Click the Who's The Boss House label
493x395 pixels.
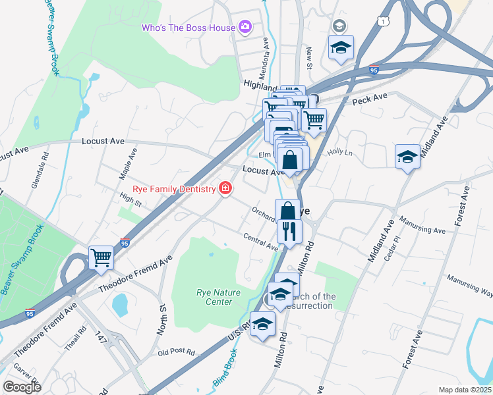point(188,28)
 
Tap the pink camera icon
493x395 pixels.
point(245,27)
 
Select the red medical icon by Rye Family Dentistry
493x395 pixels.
point(225,189)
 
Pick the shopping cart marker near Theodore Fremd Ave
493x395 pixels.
point(101,257)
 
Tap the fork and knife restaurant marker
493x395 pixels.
point(289,232)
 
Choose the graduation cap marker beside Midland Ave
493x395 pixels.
point(407,157)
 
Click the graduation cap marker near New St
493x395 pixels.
point(341,48)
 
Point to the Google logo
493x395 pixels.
point(22,387)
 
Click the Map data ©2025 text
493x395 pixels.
point(465,390)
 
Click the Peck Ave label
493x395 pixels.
point(369,97)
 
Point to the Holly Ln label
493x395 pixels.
point(341,152)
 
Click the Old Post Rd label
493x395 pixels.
point(176,352)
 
